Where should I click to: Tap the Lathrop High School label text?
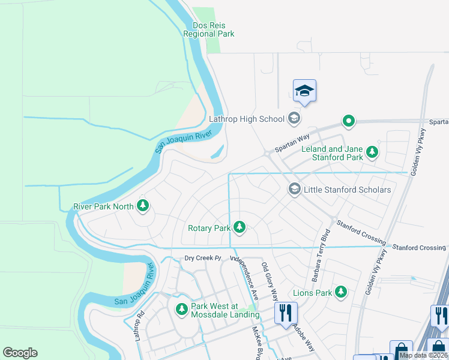246,119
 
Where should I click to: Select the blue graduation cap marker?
304,91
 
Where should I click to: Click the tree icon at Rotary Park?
240,227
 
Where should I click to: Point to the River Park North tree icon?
143,206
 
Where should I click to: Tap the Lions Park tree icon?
341,292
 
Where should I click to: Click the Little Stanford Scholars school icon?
294,189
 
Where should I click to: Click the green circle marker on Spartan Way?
349,121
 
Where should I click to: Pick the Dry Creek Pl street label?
203,259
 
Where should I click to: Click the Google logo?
20,352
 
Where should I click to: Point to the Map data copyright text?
423,355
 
